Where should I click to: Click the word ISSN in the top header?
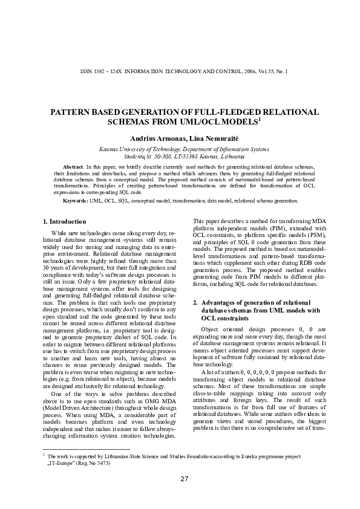pyautogui.click(x=86, y=71)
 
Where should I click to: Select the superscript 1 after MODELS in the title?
pyautogui.click(x=260, y=119)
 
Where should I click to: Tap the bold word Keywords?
pyautogui.click(x=76, y=199)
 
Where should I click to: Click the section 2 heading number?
pyautogui.click(x=194, y=302)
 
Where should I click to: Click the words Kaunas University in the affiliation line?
pyautogui.click(x=121, y=148)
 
